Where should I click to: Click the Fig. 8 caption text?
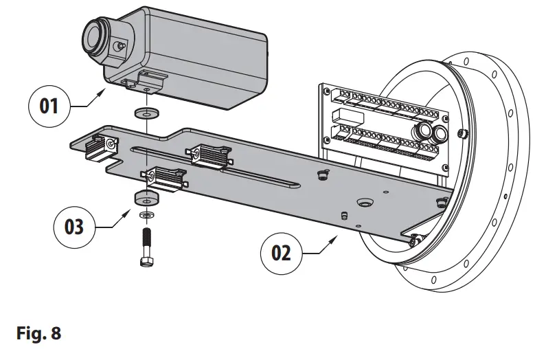38,334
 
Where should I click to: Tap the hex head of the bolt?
146,262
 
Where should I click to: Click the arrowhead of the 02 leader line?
337,236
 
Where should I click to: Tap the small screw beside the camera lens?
121,45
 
